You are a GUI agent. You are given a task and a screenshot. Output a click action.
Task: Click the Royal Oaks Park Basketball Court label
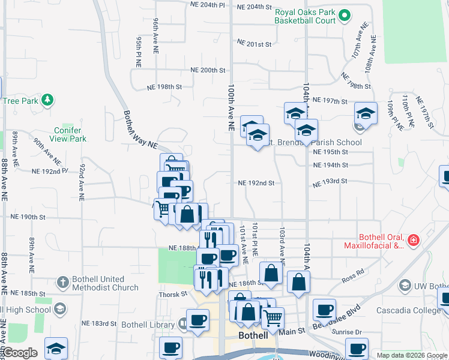click(x=304, y=16)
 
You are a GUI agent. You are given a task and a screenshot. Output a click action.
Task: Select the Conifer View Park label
click(x=70, y=134)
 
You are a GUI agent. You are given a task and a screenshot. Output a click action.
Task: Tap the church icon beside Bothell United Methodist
click(x=62, y=282)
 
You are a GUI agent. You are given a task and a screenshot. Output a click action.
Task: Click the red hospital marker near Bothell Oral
click(x=413, y=241)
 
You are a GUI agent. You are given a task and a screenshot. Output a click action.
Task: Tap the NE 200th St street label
click(x=208, y=70)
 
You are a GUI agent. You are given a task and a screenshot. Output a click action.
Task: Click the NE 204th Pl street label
click(x=208, y=5)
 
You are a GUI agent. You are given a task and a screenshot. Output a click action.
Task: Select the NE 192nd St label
click(x=256, y=183)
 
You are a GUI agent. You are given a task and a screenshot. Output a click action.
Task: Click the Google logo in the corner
click(x=20, y=353)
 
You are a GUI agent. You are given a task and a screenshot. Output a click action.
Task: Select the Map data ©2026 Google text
click(x=411, y=355)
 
